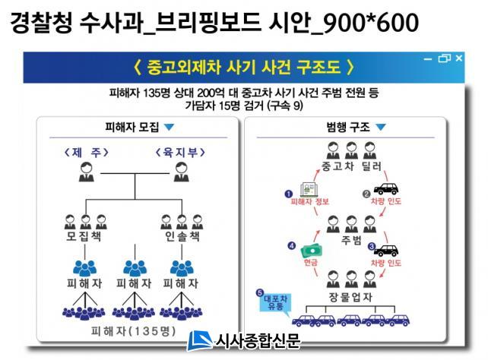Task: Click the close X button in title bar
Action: (459, 58)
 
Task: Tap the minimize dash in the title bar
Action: (428, 59)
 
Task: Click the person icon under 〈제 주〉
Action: (86, 172)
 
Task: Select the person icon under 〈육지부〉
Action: (182, 172)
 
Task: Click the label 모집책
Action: (84, 237)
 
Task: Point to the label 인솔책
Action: (182, 237)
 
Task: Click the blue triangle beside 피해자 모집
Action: (170, 127)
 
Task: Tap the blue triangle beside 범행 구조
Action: (381, 127)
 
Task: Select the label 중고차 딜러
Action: (351, 166)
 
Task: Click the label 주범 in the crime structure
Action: (351, 240)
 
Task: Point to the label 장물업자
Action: (350, 297)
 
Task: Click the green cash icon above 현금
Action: (311, 251)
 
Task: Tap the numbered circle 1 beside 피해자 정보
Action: (289, 194)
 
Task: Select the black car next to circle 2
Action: (386, 188)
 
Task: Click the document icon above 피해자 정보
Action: (309, 189)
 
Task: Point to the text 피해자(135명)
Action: (134, 331)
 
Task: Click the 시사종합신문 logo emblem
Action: (199, 341)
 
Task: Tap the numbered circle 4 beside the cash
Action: (292, 246)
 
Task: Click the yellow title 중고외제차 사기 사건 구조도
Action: (244, 67)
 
